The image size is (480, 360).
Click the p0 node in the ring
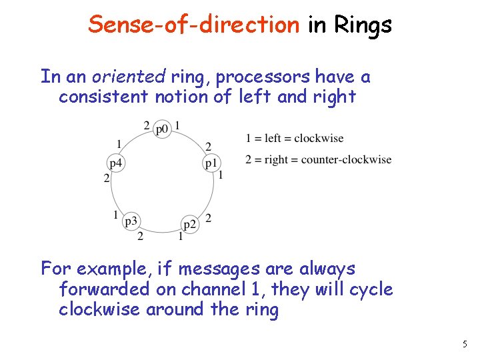pos(162,129)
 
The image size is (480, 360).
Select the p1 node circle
pos(211,163)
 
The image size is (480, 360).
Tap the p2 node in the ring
pos(190,224)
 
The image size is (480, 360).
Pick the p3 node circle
pos(131,221)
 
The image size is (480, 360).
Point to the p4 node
pos(116,163)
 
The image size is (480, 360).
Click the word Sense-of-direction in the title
pos(194,25)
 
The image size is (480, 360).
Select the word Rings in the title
pos(363,25)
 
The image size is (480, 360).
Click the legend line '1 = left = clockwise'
pos(295,138)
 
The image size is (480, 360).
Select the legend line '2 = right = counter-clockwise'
pos(318,159)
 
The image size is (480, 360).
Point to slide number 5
pos(465,344)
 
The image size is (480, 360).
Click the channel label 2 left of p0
pos(147,125)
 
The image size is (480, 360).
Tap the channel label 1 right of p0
pos(177,125)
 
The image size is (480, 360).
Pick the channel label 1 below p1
pos(221,175)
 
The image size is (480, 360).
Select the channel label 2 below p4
pos(106,177)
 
